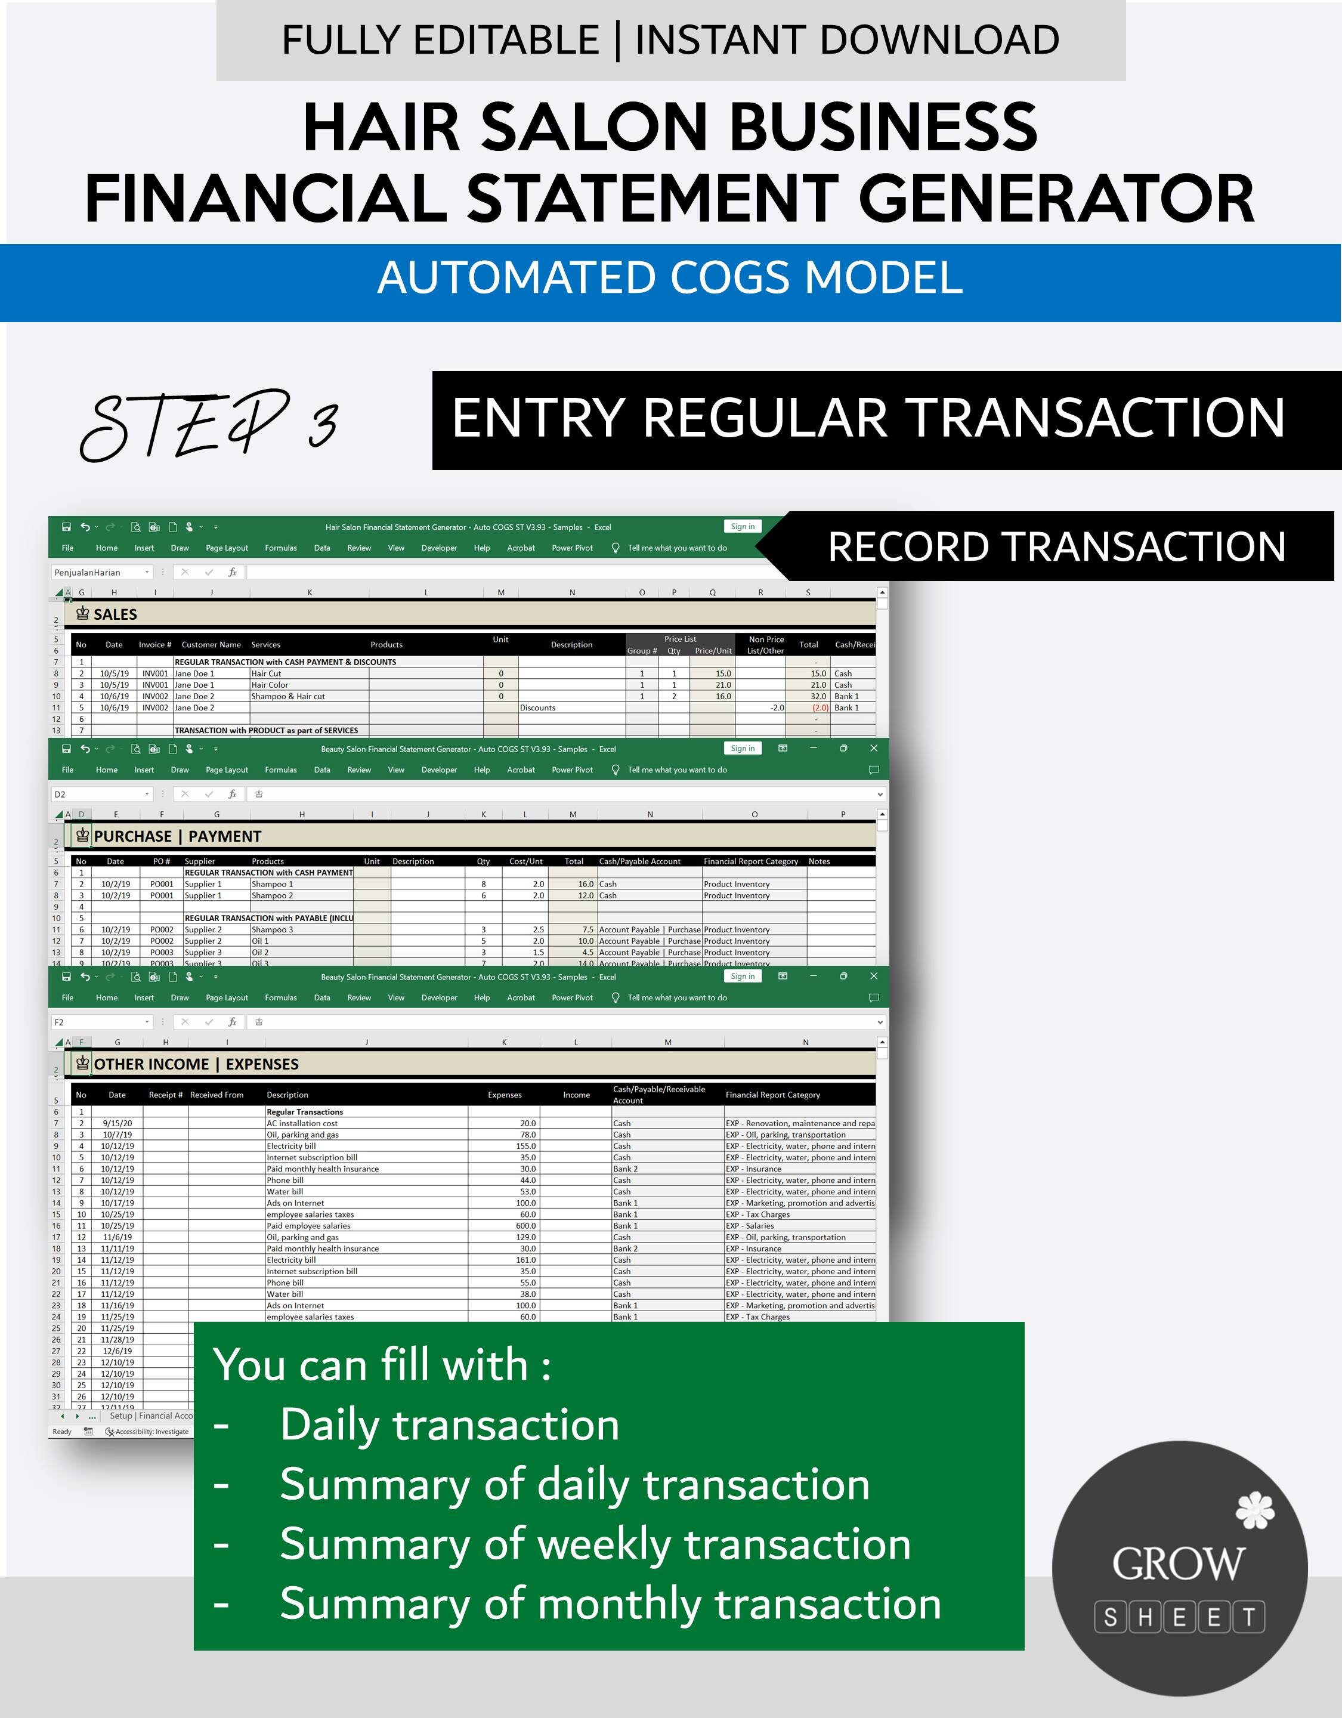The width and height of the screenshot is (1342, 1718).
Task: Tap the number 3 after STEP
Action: [x=323, y=425]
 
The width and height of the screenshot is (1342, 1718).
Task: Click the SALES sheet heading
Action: [x=115, y=614]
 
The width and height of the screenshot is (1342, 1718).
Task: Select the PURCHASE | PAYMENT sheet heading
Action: [x=177, y=836]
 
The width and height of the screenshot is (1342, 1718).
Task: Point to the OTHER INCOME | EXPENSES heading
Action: [x=196, y=1064]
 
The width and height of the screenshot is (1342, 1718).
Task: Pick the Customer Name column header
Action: [x=211, y=644]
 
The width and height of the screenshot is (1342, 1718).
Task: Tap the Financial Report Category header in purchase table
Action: [x=750, y=861]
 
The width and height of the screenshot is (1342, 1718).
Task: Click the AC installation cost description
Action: [x=302, y=1123]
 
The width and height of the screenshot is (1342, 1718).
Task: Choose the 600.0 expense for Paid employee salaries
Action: [x=527, y=1226]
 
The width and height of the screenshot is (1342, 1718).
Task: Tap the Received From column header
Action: [x=217, y=1095]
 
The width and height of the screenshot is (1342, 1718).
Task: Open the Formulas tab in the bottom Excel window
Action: [x=281, y=997]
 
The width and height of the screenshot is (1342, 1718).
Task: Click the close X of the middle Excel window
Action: [x=873, y=748]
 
